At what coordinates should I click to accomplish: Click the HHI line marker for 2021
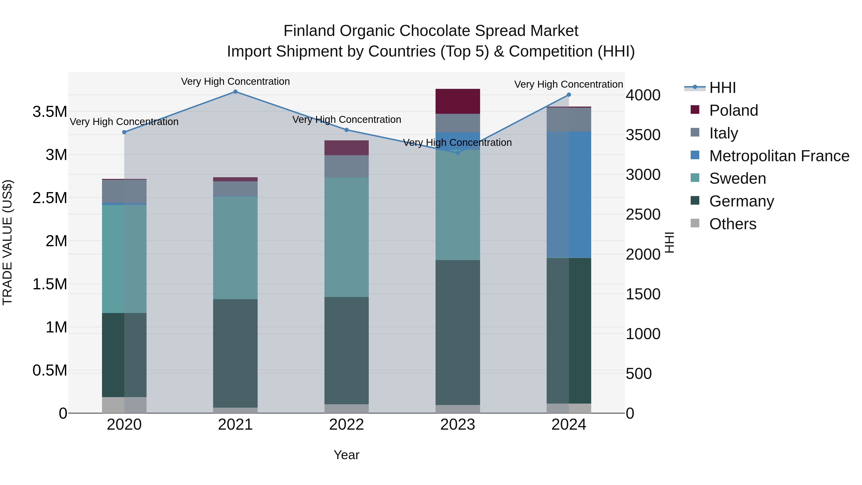235,92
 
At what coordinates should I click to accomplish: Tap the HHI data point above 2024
568,95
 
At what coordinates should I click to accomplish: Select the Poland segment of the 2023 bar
457,101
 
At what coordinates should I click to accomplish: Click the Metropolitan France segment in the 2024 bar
568,194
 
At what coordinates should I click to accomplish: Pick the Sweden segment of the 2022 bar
346,237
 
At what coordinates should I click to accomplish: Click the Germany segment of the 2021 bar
235,353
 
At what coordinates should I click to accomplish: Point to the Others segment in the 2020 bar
124,405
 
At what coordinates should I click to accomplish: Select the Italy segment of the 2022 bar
346,166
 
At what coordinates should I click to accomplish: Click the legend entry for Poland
733,110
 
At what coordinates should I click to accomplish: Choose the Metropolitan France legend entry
779,156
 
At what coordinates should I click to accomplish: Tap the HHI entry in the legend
722,88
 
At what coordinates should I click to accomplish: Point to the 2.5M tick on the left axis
50,198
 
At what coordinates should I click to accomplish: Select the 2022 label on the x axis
346,425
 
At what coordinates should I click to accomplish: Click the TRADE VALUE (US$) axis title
7,242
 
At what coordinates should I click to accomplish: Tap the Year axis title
346,455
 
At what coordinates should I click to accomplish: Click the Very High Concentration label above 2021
235,81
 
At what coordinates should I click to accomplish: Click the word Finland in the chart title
309,31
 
